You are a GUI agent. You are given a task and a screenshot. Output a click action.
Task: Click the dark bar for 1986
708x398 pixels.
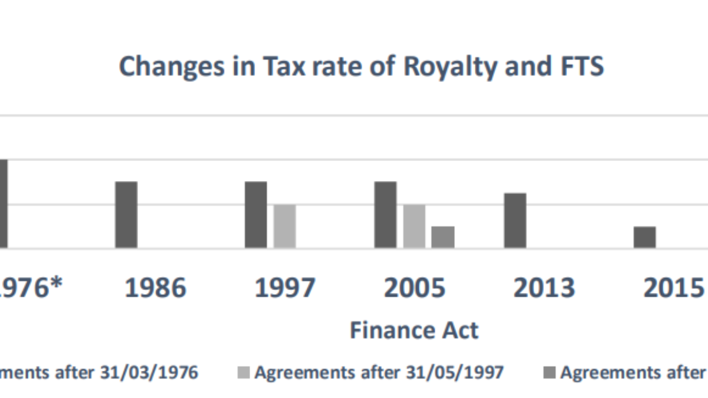click(126, 215)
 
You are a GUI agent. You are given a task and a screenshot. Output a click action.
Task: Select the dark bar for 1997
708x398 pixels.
click(256, 215)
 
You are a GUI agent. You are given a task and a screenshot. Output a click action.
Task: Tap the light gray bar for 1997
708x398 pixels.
click(284, 226)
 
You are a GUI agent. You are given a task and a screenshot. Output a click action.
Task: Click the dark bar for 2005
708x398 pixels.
click(386, 215)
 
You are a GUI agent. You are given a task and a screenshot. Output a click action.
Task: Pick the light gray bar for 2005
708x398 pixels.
click(414, 226)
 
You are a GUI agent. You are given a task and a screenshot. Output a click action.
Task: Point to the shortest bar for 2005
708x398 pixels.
click(443, 237)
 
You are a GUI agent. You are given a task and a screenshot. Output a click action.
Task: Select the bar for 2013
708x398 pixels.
click(515, 221)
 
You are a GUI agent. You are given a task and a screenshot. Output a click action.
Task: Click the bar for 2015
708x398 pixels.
click(645, 237)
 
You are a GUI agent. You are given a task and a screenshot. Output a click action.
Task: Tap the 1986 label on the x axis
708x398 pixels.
click(156, 288)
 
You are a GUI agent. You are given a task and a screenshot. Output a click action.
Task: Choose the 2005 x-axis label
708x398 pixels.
click(415, 288)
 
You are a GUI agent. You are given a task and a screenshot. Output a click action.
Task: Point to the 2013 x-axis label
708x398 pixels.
click(544, 288)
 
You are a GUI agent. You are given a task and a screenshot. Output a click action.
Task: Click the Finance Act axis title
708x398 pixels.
click(414, 330)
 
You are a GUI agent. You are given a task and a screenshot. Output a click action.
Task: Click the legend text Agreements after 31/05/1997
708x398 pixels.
click(379, 373)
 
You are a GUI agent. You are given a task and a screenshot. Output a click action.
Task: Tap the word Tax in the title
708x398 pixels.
click(286, 67)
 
